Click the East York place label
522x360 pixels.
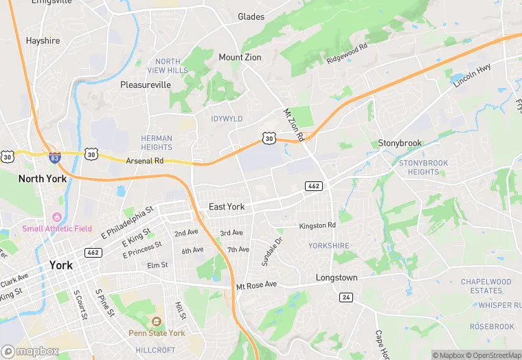227,207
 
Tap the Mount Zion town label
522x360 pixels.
240,58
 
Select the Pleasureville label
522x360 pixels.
145,85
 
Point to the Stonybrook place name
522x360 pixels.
400,143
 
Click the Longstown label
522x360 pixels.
337,278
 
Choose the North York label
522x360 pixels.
42,179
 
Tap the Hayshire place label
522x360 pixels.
43,41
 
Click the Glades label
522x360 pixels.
251,16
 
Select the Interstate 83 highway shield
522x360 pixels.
54,157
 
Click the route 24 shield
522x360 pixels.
345,297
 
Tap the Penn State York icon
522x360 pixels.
156,322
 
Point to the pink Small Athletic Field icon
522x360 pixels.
56,216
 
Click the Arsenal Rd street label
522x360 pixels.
144,161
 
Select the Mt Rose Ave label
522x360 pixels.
256,284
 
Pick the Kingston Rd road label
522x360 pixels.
317,225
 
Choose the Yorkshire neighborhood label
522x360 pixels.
328,245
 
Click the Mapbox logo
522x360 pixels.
30,351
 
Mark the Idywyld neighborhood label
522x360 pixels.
227,119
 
